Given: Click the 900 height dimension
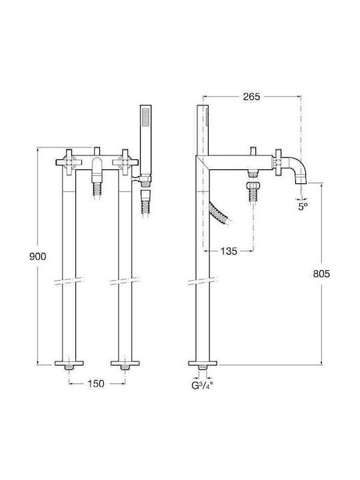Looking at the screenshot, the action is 37,256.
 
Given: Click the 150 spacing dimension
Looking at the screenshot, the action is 96,383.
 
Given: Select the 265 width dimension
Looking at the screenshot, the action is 251,97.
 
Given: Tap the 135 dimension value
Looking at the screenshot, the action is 229,251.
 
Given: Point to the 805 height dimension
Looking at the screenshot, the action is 321,273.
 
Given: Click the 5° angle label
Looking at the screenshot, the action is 303,207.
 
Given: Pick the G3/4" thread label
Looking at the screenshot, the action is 202,385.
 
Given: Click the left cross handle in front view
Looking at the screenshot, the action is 69,162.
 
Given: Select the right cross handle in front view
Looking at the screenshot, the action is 125,162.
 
